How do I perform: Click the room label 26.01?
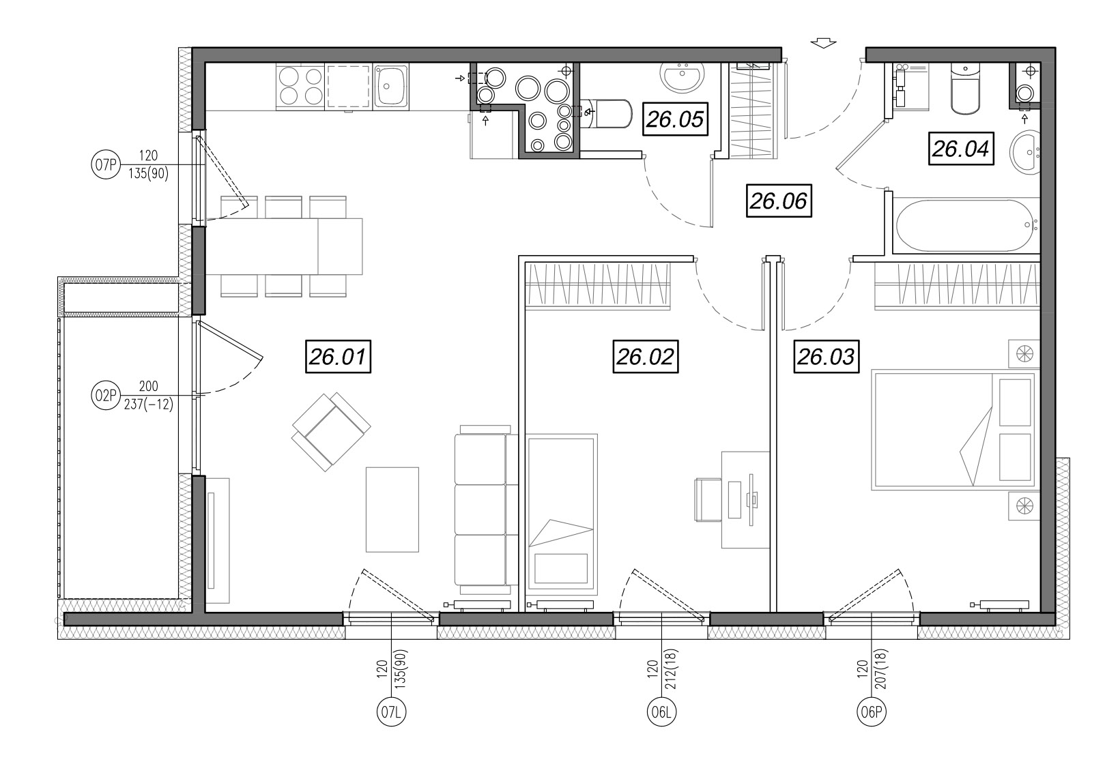click(x=338, y=356)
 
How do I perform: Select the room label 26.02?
click(x=645, y=356)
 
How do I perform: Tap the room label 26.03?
click(x=827, y=356)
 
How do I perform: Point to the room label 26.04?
click(x=961, y=148)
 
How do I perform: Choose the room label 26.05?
click(x=675, y=119)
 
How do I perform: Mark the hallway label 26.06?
click(x=779, y=201)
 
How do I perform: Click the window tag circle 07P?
click(x=106, y=164)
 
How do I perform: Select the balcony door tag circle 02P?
click(x=106, y=396)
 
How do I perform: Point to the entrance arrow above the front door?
click(x=823, y=43)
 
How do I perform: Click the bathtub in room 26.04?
click(x=967, y=226)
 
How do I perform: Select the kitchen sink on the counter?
click(x=390, y=86)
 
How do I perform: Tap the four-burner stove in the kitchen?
click(x=300, y=86)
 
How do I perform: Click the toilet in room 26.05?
click(x=607, y=114)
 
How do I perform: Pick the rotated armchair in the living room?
click(x=331, y=432)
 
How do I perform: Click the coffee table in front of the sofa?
click(x=392, y=510)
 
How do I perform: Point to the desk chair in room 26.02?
click(x=708, y=499)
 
